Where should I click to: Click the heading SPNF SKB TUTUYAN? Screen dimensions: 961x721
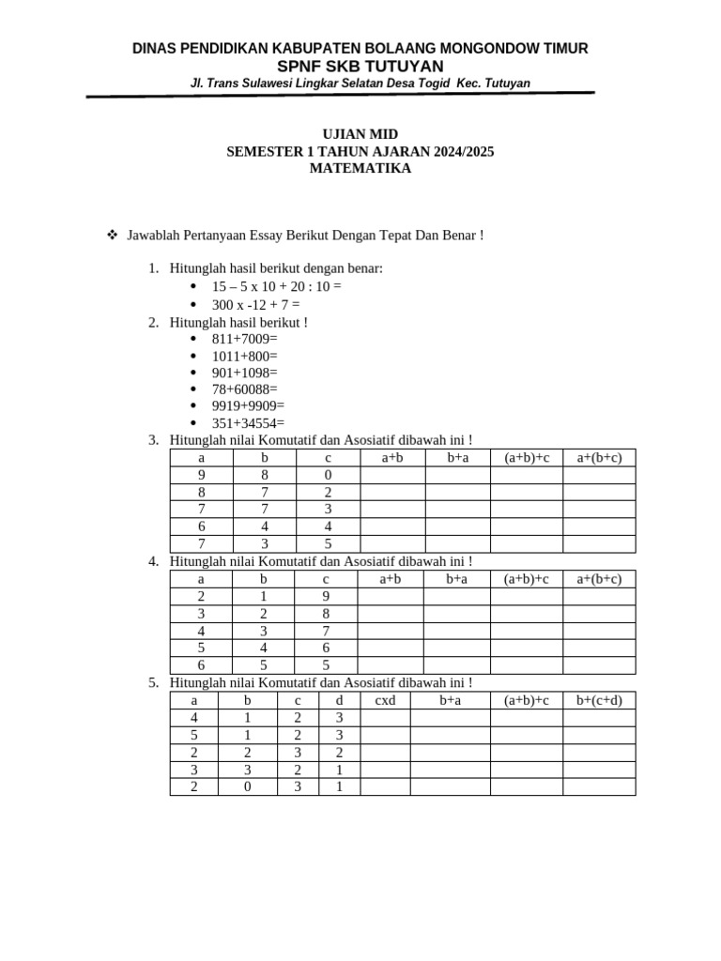pyautogui.click(x=360, y=66)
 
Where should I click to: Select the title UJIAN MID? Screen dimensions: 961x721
pyautogui.click(x=360, y=135)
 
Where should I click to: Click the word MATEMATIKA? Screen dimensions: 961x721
pyautogui.click(x=360, y=169)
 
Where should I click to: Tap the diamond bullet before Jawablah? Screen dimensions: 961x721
pyautogui.click(x=112, y=235)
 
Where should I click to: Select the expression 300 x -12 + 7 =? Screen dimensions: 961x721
pyautogui.click(x=256, y=304)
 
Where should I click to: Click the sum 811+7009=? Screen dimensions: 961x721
pyautogui.click(x=245, y=339)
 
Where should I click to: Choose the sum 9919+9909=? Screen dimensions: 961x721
pyautogui.click(x=248, y=405)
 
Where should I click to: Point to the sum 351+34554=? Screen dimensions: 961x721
pyautogui.click(x=248, y=422)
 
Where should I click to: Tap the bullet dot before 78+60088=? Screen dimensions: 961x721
pyautogui.click(x=193, y=389)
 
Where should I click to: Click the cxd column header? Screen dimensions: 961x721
pyautogui.click(x=385, y=700)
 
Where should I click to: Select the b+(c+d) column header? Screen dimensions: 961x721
pyautogui.click(x=599, y=700)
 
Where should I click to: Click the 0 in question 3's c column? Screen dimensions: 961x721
pyautogui.click(x=329, y=475)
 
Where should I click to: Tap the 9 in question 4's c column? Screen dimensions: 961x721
pyautogui.click(x=326, y=596)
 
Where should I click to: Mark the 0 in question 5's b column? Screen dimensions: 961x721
pyautogui.click(x=248, y=786)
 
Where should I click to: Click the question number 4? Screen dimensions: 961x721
pyautogui.click(x=152, y=561)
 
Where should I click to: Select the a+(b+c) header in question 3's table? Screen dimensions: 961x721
pyautogui.click(x=599, y=458)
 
